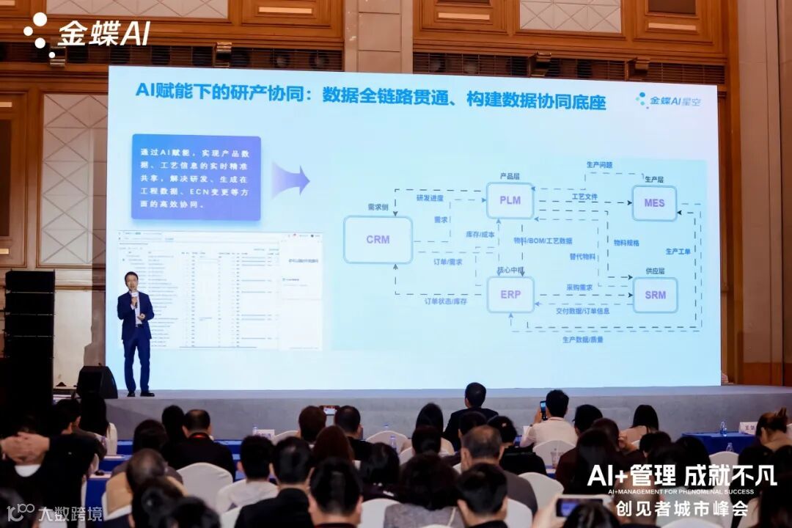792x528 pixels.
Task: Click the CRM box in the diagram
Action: [x=378, y=240]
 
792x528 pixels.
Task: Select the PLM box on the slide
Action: [x=510, y=200]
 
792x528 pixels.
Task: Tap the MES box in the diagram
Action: [x=654, y=203]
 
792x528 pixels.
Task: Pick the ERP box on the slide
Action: [x=510, y=295]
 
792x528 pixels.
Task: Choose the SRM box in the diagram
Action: [x=655, y=295]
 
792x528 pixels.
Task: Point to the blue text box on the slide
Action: [x=196, y=178]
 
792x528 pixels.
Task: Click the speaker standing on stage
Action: [x=136, y=334]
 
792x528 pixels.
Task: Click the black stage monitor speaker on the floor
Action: [x=97, y=381]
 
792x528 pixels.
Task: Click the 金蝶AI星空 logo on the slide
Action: [x=668, y=101]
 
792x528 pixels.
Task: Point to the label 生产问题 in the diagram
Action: [x=599, y=165]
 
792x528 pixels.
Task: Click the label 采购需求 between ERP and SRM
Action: [x=579, y=287]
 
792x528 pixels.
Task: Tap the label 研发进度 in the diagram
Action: [x=431, y=198]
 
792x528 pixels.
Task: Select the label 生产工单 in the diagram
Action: [x=678, y=252]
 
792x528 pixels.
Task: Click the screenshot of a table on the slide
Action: [x=220, y=290]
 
